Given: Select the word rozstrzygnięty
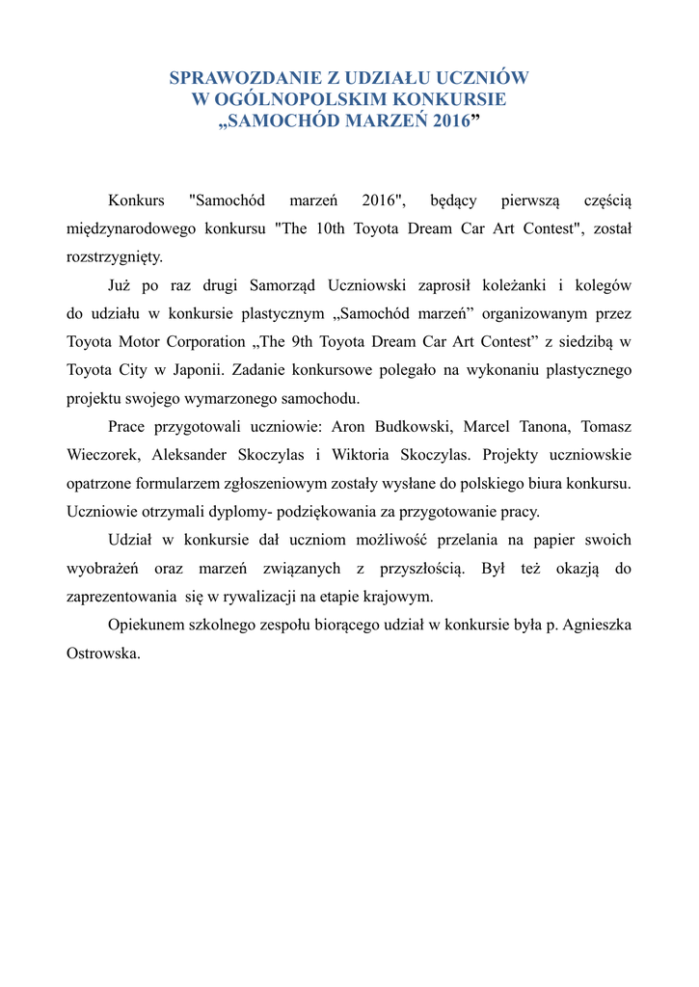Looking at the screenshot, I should pos(114,257).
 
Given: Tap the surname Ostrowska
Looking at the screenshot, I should pos(103,653).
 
